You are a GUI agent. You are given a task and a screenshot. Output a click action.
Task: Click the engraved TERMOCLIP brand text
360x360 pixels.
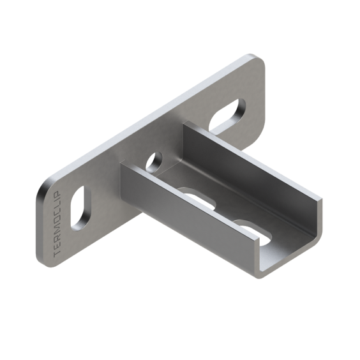pyautogui.click(x=57, y=225)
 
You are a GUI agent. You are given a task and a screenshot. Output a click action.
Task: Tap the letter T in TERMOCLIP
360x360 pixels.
pyautogui.click(x=57, y=255)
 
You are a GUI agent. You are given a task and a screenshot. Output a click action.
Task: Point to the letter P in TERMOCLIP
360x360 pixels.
pyautogui.click(x=57, y=195)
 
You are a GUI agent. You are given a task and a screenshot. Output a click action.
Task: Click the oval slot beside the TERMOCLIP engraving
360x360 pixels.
pyautogui.click(x=81, y=208)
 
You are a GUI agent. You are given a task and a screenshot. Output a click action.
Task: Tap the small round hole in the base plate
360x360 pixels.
pyautogui.click(x=154, y=162)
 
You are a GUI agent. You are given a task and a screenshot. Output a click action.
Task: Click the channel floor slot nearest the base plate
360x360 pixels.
pyautogui.click(x=198, y=197)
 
